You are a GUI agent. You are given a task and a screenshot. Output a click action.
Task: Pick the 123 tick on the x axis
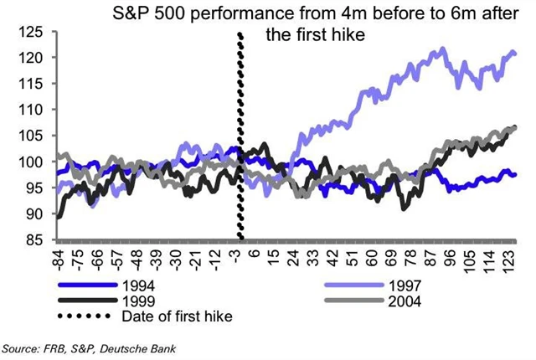tap(509, 255)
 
